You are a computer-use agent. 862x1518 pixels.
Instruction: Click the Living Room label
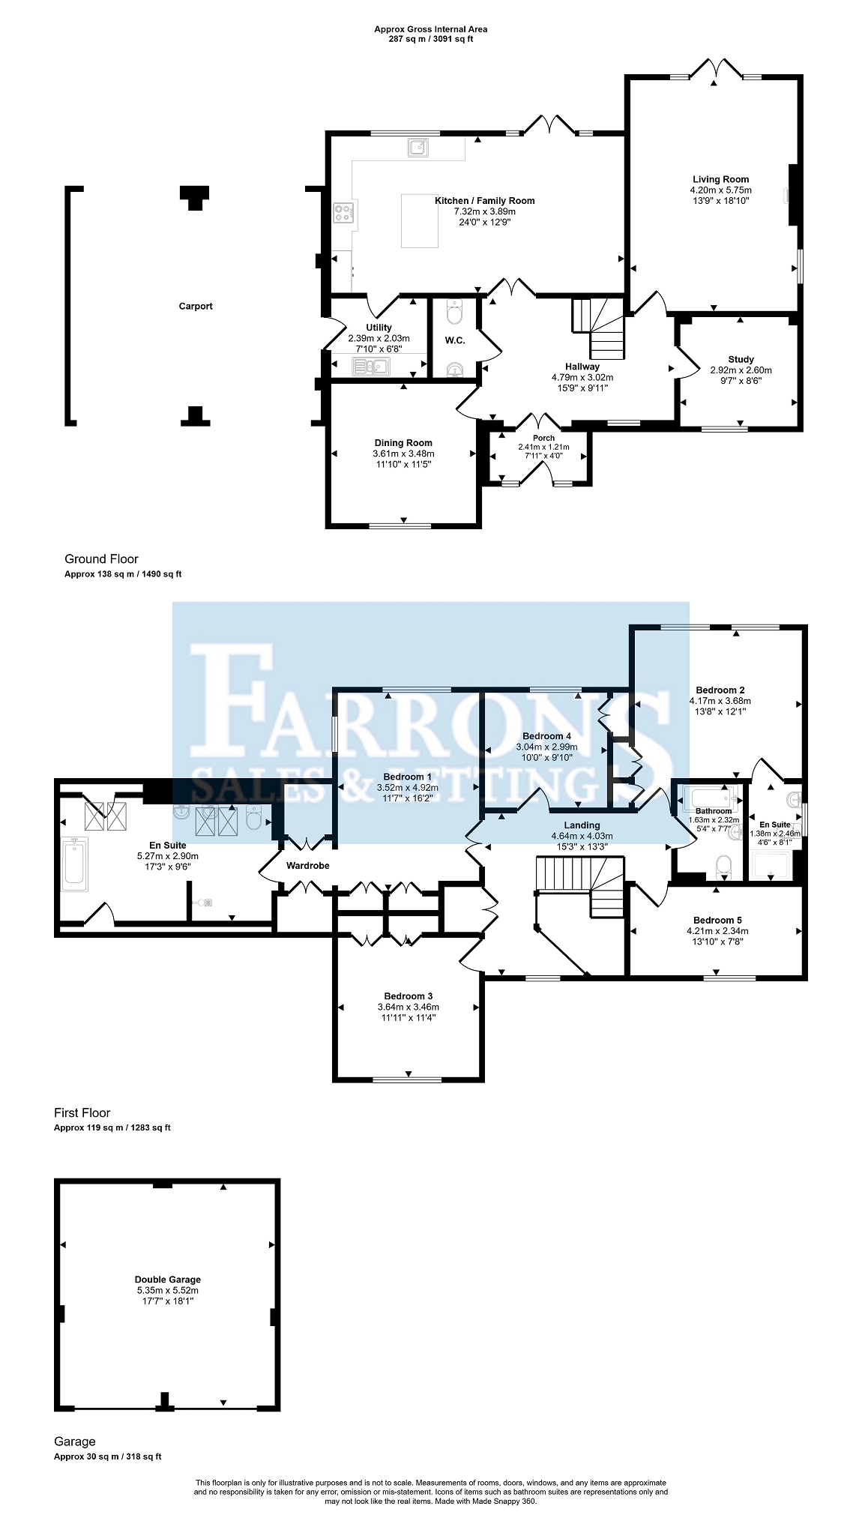point(720,179)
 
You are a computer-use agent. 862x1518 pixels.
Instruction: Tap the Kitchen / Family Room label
point(485,200)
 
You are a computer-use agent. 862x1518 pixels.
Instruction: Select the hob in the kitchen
point(344,214)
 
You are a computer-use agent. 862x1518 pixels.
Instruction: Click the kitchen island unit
point(420,220)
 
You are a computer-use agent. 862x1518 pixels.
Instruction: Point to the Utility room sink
point(371,366)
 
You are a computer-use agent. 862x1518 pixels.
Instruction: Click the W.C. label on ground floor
point(455,340)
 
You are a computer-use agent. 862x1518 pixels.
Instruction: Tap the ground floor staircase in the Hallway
point(599,328)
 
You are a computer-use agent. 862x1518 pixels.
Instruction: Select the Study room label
point(741,359)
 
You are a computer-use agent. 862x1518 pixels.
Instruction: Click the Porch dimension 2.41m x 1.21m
point(543,447)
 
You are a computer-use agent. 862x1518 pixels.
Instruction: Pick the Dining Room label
point(403,443)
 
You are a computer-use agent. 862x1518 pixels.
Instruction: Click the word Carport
point(196,306)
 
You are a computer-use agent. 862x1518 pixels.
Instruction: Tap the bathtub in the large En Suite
point(75,864)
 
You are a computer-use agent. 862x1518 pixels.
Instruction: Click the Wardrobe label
point(308,865)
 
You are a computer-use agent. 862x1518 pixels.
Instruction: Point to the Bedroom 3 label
point(409,996)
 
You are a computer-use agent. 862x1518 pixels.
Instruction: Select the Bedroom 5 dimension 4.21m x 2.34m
point(717,931)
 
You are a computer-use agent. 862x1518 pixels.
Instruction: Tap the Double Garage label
point(168,1280)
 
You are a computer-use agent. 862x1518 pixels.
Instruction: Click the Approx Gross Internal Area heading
point(431,29)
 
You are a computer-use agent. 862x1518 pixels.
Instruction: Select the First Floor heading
point(82,1112)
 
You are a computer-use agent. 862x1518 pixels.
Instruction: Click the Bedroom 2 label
point(720,690)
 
